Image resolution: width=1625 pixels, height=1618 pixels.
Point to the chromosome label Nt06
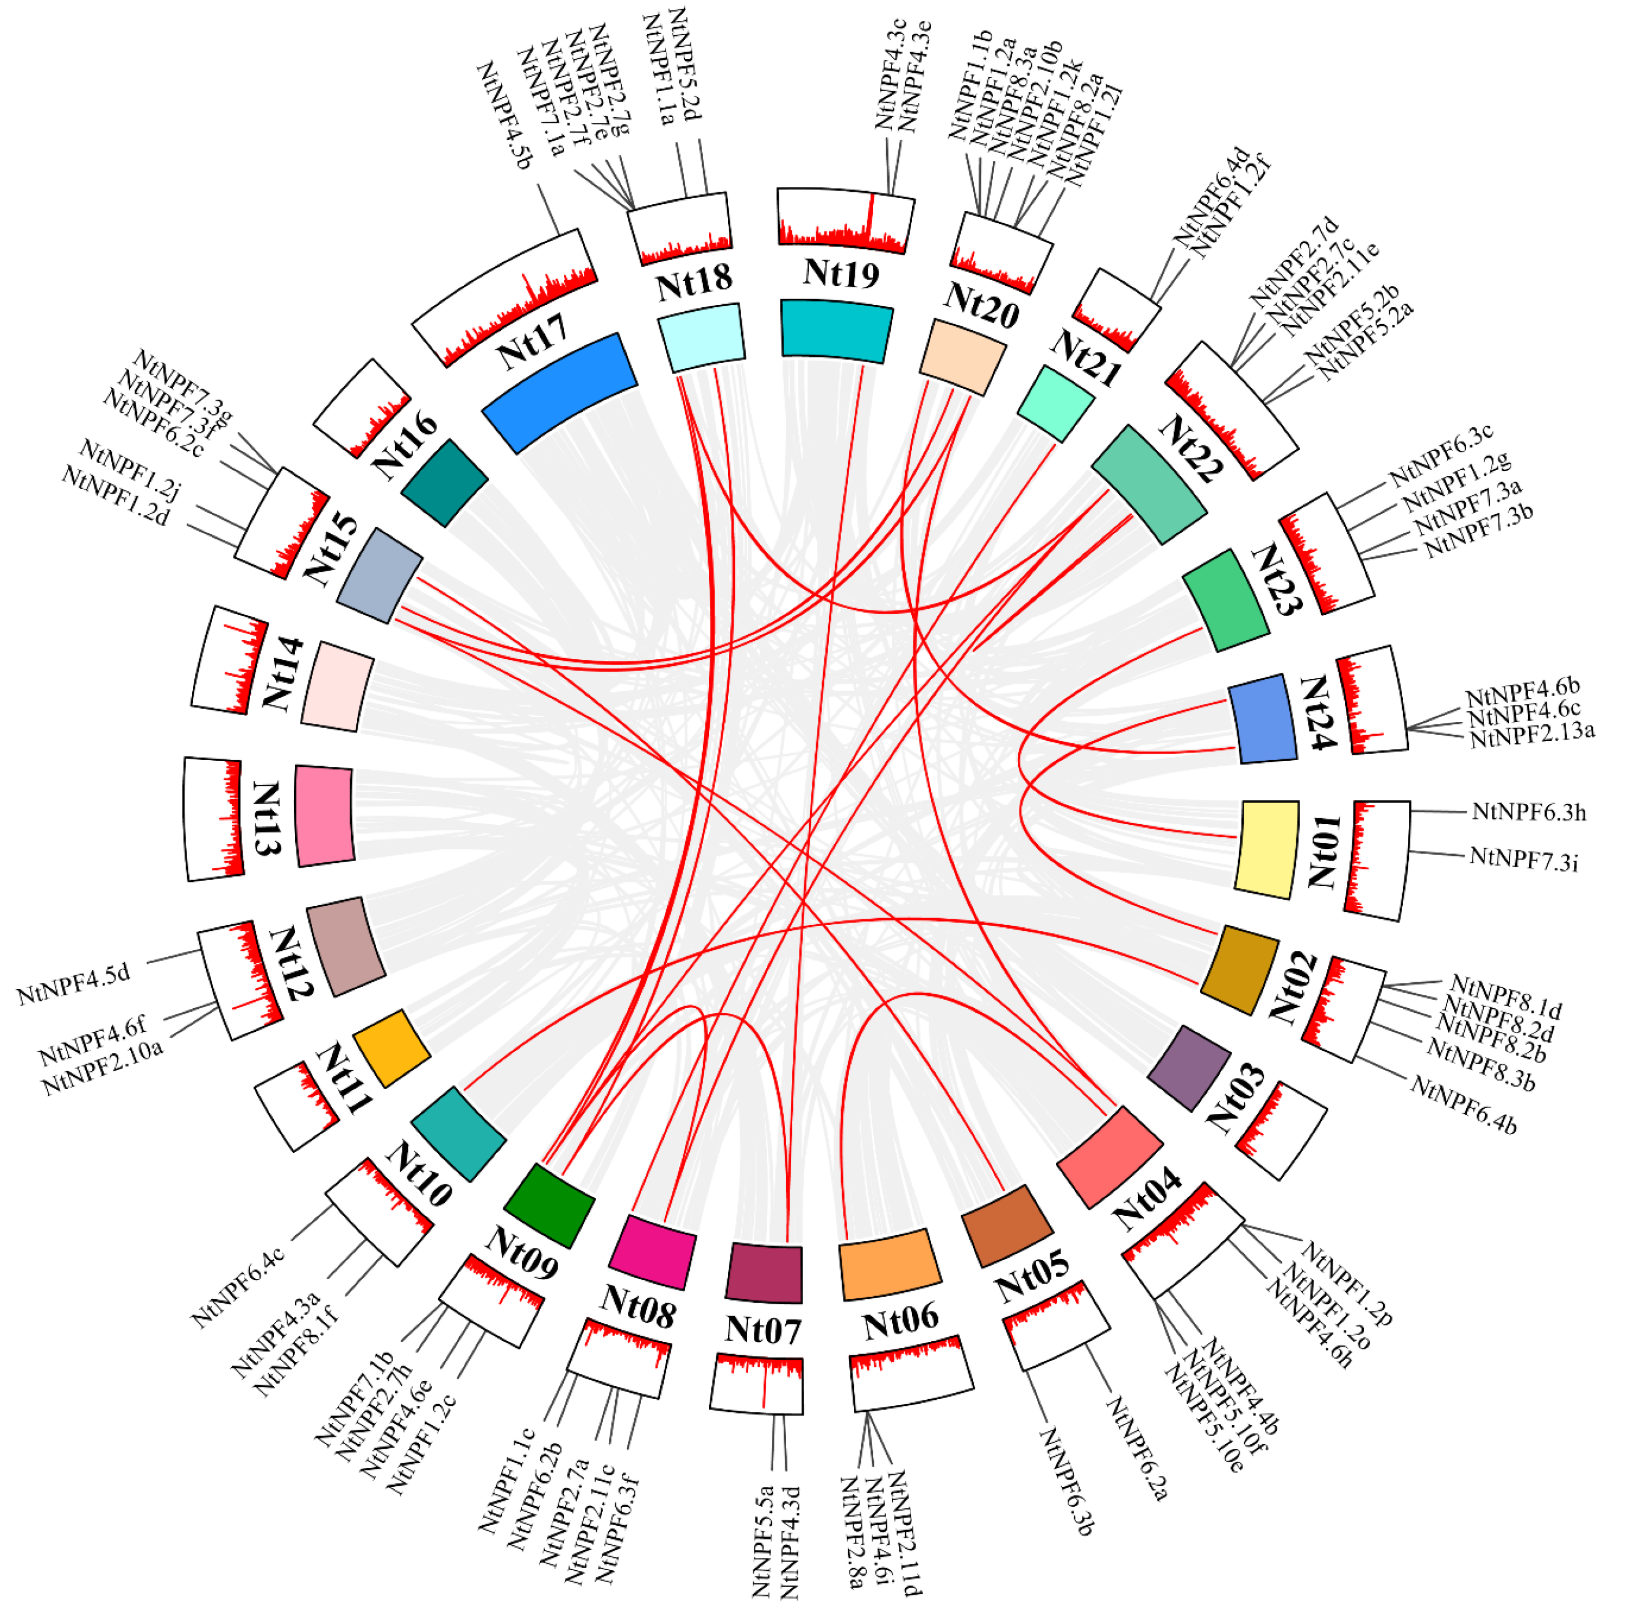(x=901, y=1320)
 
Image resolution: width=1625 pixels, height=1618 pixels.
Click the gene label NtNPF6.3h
(x=1529, y=812)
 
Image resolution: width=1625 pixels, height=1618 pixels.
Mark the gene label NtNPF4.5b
(x=505, y=115)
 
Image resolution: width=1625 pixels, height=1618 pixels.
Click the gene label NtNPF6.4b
(x=1463, y=1105)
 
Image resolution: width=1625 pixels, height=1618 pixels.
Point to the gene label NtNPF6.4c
(x=238, y=1288)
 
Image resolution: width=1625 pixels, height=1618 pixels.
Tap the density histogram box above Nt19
(x=845, y=219)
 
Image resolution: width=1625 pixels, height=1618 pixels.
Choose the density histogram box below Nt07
(x=757, y=1384)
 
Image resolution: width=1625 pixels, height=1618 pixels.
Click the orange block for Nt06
(x=889, y=1264)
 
